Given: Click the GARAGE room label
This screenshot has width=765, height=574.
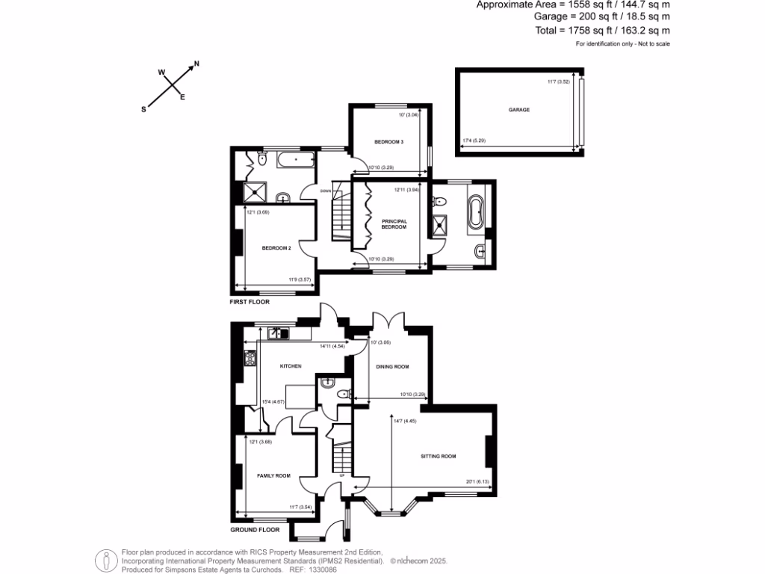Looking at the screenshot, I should click(519, 110).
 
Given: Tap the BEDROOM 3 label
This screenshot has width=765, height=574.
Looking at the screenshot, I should click(389, 142).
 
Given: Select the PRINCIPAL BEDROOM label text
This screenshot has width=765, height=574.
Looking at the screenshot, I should click(394, 224).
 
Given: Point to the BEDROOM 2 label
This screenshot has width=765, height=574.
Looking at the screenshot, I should click(276, 248).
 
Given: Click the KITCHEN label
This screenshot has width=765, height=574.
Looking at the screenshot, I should click(290, 366).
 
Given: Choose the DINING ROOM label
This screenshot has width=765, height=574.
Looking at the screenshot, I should click(392, 366).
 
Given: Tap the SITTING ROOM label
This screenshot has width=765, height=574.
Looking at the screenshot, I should click(438, 456).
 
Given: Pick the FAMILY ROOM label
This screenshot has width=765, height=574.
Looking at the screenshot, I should click(273, 476).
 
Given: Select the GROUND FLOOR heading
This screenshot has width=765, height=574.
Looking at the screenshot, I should click(255, 529).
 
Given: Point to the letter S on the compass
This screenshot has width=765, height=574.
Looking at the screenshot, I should click(143, 108).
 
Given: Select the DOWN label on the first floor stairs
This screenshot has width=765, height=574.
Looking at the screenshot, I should click(325, 191).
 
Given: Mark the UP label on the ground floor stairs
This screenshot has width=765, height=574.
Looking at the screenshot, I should click(342, 475).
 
